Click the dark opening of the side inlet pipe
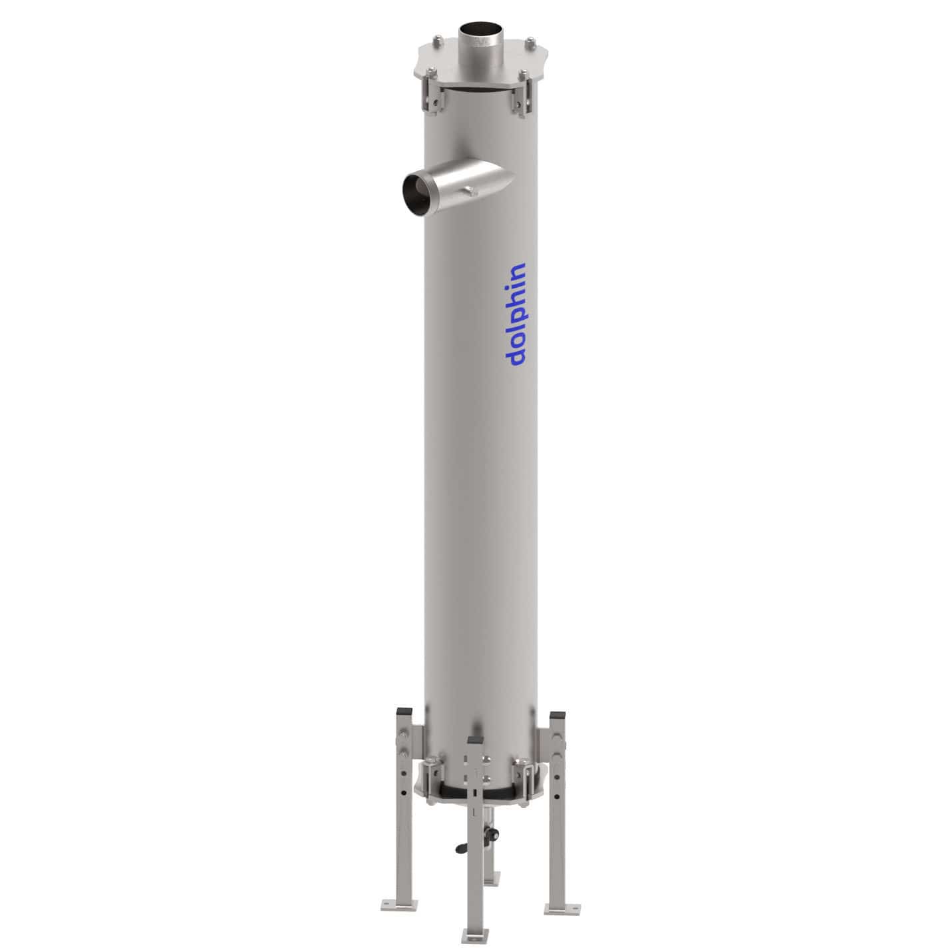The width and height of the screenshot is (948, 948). [416, 194]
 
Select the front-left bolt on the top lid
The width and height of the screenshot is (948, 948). [430, 72]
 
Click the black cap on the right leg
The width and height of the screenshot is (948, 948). [557, 715]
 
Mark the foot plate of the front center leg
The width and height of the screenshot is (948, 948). [474, 934]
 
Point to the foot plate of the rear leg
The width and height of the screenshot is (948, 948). [492, 879]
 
